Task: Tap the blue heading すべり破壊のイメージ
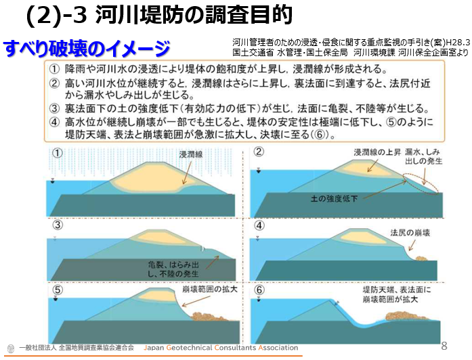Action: click(87, 49)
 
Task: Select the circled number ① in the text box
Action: click(55, 69)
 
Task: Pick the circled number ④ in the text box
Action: click(55, 122)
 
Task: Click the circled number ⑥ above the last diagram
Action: click(258, 289)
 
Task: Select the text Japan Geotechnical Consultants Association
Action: click(221, 348)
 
